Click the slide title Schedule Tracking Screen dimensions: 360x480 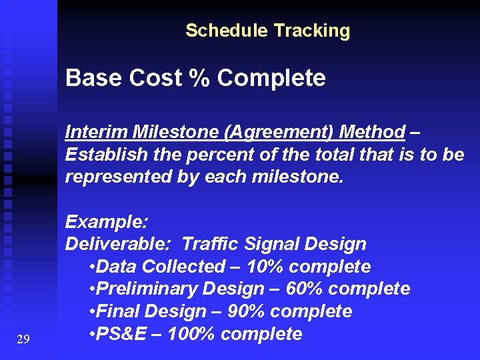pos(267,31)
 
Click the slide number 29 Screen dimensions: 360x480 pos(23,340)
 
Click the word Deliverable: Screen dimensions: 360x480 pos(120,245)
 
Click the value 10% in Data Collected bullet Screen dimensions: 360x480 pos(266,267)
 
